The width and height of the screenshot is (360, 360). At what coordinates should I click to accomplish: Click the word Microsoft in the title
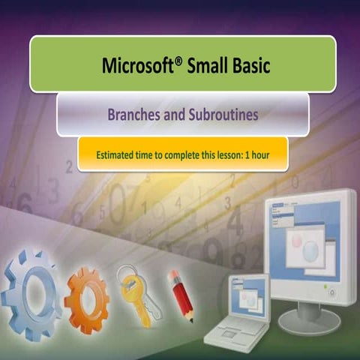[x=136, y=67]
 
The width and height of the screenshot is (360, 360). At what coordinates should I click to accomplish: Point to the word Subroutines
[x=217, y=115]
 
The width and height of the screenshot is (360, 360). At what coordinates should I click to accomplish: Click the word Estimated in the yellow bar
[x=118, y=155]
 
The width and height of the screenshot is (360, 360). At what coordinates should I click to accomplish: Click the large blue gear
[x=31, y=291]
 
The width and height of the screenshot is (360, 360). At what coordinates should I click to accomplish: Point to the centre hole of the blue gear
[x=31, y=292]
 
